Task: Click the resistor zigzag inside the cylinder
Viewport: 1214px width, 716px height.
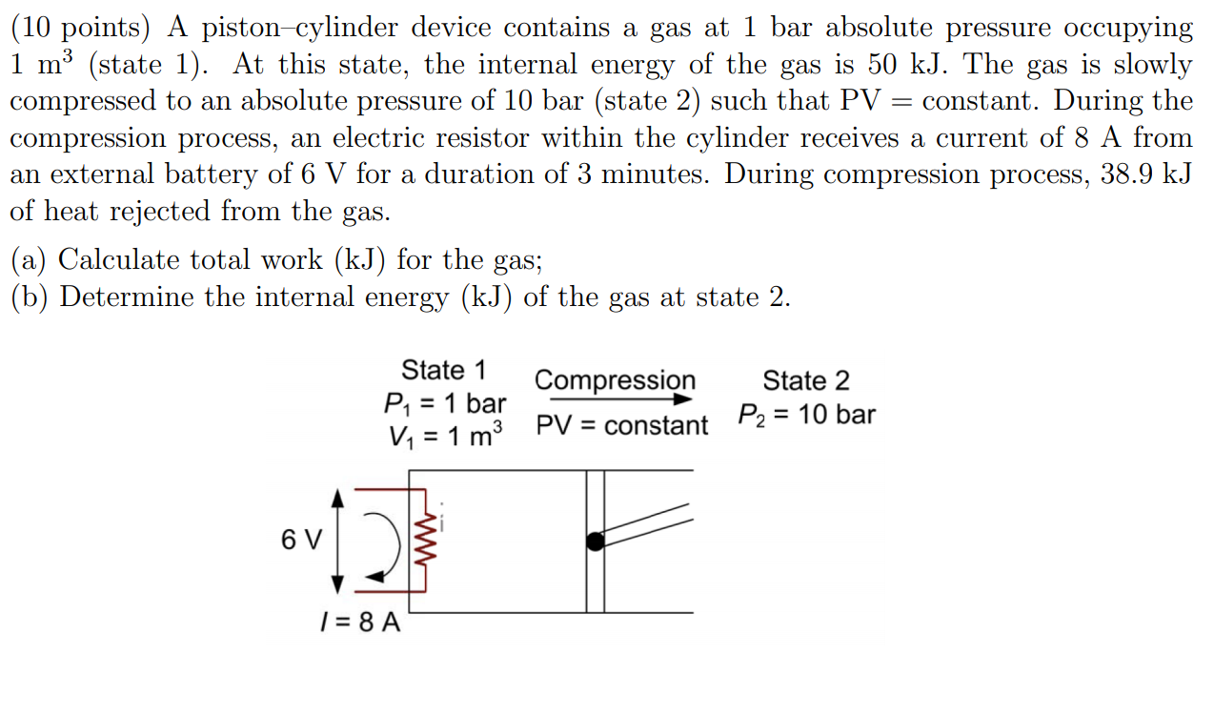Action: (424, 540)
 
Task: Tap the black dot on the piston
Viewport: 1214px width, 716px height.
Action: (595, 542)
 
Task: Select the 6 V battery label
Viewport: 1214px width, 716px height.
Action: (301, 540)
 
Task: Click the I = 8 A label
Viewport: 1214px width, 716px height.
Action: (359, 624)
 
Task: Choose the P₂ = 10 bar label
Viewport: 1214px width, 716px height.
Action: (806, 415)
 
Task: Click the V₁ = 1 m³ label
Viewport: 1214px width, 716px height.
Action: (445, 437)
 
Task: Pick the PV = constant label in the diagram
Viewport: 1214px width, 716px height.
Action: (622, 425)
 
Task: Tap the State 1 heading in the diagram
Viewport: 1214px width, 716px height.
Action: (443, 370)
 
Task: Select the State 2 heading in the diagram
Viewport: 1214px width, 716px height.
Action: (805, 381)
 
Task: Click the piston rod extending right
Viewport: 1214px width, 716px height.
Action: (649, 523)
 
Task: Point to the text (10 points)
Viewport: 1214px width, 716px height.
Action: (80, 28)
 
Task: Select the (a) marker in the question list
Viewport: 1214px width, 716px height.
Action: (30, 259)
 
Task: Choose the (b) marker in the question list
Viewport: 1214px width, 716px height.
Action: (30, 297)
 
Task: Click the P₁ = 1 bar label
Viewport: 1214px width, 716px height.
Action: (444, 403)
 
